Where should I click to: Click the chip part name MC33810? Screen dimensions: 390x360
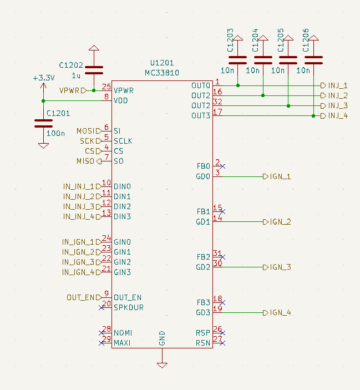[x=162, y=73]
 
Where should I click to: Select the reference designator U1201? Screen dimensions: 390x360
[x=162, y=63]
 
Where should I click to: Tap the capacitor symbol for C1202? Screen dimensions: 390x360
[x=94, y=70]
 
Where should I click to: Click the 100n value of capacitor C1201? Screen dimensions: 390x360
[x=55, y=133]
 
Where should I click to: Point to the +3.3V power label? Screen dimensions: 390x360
[x=43, y=78]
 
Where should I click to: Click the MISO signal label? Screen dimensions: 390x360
[x=85, y=161]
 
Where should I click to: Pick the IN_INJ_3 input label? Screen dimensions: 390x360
[x=78, y=206]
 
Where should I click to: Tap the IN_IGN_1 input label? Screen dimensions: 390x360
[x=78, y=242]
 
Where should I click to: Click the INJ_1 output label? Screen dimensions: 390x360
[x=337, y=85]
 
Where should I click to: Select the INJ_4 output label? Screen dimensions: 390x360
[x=337, y=115]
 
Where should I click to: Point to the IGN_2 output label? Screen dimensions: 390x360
[x=280, y=222]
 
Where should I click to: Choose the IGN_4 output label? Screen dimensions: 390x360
[x=280, y=313]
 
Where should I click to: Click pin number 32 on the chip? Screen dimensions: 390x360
[x=218, y=102]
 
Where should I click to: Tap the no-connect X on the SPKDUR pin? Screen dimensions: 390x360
[x=101, y=307]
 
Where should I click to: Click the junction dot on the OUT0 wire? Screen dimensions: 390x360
[x=238, y=85]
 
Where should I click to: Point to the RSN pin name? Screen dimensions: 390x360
[x=202, y=343]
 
